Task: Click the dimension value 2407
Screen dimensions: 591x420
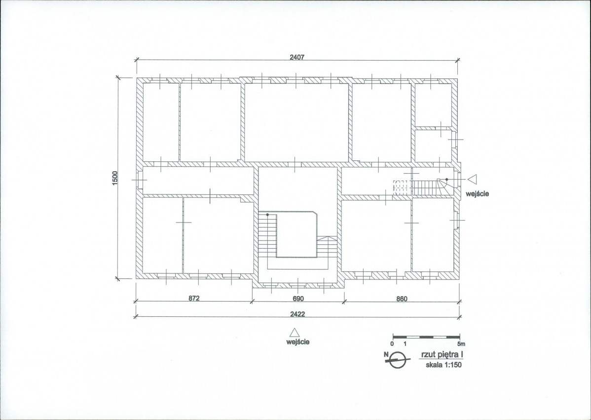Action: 296,57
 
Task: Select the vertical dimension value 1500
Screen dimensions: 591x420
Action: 115,178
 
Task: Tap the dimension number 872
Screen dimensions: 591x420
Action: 194,298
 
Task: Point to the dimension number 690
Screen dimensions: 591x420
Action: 298,299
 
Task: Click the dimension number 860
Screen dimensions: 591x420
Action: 402,299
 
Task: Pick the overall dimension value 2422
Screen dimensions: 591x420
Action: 297,314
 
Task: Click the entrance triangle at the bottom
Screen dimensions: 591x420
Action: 295,332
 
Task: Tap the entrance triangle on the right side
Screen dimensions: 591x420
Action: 473,179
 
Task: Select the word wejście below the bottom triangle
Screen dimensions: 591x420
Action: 298,342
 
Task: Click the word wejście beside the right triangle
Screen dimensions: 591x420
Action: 477,194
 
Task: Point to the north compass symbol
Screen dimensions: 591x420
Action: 397,360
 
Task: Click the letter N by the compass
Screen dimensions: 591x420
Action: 386,354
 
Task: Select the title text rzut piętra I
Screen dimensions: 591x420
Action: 442,355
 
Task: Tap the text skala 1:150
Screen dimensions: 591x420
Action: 443,365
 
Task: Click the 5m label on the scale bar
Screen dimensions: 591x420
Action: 461,344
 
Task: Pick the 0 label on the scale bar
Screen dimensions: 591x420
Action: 392,344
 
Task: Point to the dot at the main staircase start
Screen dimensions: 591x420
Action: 267,215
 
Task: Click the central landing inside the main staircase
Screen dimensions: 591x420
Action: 296,234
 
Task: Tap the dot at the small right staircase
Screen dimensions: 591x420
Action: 446,180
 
